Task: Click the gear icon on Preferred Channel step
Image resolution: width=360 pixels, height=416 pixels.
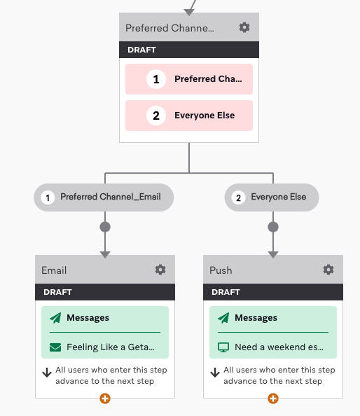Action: tap(244, 27)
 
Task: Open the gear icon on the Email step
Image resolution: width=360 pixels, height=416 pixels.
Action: tap(160, 270)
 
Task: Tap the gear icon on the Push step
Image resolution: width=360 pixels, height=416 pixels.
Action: tap(328, 270)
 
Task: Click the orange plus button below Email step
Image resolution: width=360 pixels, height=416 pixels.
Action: tap(105, 398)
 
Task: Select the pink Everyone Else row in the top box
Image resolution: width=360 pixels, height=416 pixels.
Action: tap(189, 116)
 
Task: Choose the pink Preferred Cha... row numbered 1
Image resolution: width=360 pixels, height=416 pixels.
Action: tap(189, 79)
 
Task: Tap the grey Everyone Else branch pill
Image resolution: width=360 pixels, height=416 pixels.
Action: tap(272, 197)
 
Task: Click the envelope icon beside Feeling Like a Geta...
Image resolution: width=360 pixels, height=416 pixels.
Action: tap(55, 347)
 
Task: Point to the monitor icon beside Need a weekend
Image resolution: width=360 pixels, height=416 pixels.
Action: tap(223, 347)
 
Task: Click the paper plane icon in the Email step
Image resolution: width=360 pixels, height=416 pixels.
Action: tap(55, 318)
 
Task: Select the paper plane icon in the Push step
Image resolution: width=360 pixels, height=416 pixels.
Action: tap(223, 318)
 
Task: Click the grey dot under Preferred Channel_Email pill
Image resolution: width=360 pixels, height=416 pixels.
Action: tap(105, 227)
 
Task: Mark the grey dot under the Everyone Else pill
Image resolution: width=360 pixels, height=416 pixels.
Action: tap(273, 227)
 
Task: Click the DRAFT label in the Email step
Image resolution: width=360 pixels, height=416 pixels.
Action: tap(57, 292)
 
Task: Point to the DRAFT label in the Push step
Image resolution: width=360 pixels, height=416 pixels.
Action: tap(226, 292)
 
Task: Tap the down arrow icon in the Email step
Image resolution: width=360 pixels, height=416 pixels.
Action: tap(47, 373)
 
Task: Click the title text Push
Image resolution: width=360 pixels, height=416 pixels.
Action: tap(221, 270)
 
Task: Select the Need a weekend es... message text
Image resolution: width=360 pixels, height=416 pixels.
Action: tap(279, 347)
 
